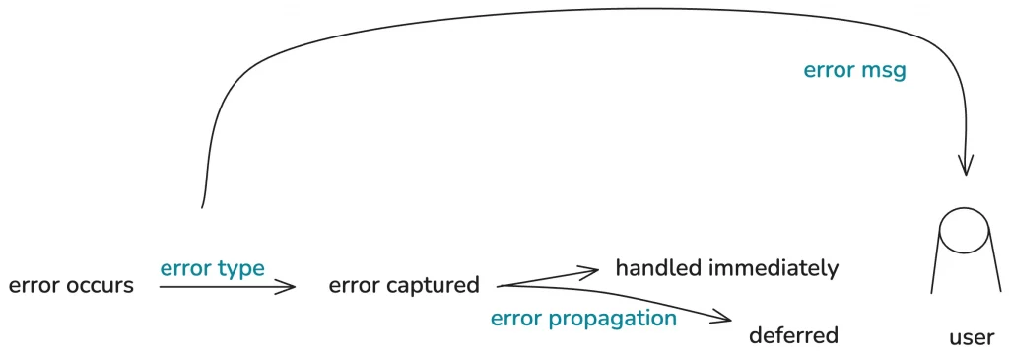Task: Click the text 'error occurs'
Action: pyautogui.click(x=71, y=286)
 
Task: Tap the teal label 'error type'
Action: pyautogui.click(x=212, y=268)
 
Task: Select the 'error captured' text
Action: pyautogui.click(x=404, y=286)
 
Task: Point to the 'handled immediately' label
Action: pyautogui.click(x=727, y=267)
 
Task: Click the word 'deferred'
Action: pyautogui.click(x=793, y=335)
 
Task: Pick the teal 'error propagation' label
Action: pyautogui.click(x=583, y=318)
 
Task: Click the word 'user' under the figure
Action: pyautogui.click(x=972, y=337)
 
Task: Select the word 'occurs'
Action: pyautogui.click(x=100, y=286)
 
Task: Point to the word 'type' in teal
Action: pyautogui.click(x=240, y=269)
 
